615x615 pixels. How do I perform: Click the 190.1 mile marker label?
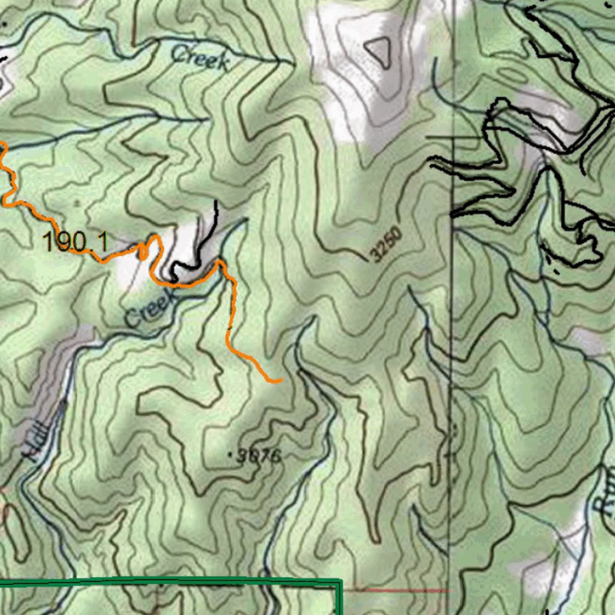coord(75,242)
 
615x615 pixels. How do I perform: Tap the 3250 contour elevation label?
coord(387,245)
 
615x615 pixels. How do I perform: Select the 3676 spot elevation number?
coord(259,456)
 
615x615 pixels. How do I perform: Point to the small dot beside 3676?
coord(232,455)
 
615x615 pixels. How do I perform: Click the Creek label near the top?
coord(201,58)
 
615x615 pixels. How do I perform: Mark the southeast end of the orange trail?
coord(280,380)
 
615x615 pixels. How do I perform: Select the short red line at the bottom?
coord(408,591)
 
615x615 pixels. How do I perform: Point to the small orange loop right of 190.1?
coord(144,251)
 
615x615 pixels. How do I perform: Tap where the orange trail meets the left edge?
coord(2,144)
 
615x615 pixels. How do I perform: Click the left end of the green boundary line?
coord(1,582)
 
